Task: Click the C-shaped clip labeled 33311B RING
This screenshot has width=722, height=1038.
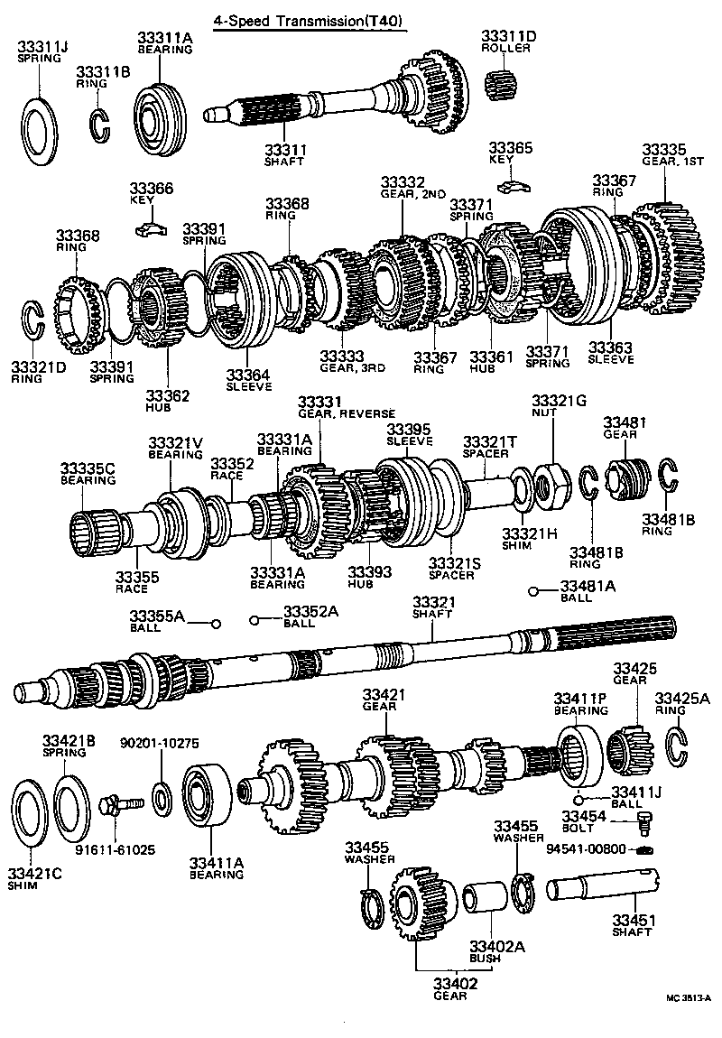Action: pos(99,125)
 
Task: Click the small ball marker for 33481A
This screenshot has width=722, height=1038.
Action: pos(534,592)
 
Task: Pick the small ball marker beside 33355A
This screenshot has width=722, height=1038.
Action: pos(216,624)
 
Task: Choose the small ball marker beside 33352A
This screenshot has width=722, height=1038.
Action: pos(255,620)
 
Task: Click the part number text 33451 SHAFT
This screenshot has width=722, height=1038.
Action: pos(632,925)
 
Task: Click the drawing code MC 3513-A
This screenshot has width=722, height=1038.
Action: pos(688,997)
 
